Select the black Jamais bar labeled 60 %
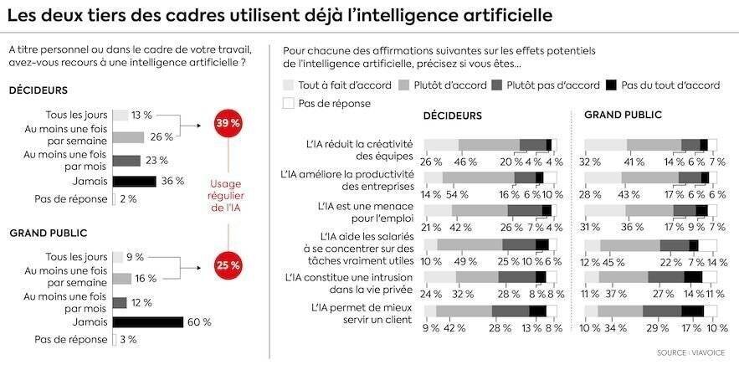click(x=147, y=321)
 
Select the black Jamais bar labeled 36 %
click(x=134, y=180)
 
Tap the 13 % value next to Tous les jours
click(x=141, y=115)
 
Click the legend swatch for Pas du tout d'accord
click(x=612, y=85)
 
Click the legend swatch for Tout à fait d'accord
click(x=290, y=85)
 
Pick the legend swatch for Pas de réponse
click(x=290, y=103)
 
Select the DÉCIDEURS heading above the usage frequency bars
click(x=38, y=90)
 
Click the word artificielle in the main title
click(x=501, y=16)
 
